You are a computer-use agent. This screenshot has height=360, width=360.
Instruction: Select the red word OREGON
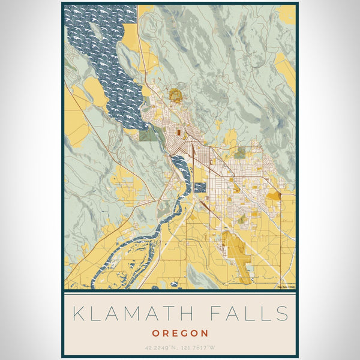180,333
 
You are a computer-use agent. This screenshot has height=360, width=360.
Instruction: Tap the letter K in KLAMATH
77,313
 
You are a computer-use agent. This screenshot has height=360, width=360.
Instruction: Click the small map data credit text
286,286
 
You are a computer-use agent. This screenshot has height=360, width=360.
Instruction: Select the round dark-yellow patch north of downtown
175,94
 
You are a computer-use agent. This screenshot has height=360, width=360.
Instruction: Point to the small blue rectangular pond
200,187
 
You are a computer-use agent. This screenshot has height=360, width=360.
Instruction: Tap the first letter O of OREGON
156,333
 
